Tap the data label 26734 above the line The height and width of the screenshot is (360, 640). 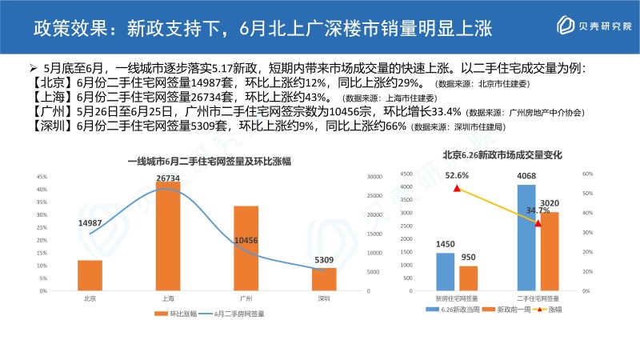tap(168, 178)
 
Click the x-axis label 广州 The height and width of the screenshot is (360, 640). tap(246, 298)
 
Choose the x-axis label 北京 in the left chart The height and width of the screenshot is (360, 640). tap(90, 298)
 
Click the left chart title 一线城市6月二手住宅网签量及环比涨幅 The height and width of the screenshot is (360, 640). tap(208, 162)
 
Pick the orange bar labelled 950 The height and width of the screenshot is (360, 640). tap(468, 278)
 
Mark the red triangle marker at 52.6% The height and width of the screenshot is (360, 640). tap(457, 189)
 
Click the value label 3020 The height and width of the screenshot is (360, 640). tap(549, 203)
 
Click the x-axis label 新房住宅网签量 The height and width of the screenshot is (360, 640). tap(457, 297)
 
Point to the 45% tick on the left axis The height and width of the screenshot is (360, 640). tap(42, 177)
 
